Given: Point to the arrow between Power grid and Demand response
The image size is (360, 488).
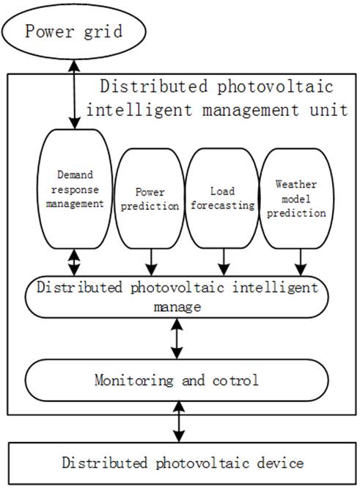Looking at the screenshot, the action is click(x=75, y=95).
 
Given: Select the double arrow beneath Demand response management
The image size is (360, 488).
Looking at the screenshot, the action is click(x=74, y=263).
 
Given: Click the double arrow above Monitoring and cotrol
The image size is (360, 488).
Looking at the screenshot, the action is click(x=177, y=338).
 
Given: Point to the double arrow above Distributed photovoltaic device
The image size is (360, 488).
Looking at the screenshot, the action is click(x=179, y=421).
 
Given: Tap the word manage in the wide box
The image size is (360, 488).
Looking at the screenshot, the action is click(x=177, y=307).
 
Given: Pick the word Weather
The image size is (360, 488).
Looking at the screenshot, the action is click(x=296, y=184).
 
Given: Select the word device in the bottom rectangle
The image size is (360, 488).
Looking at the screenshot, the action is click(x=280, y=463).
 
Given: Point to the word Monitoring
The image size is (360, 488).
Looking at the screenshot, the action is click(x=134, y=380).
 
